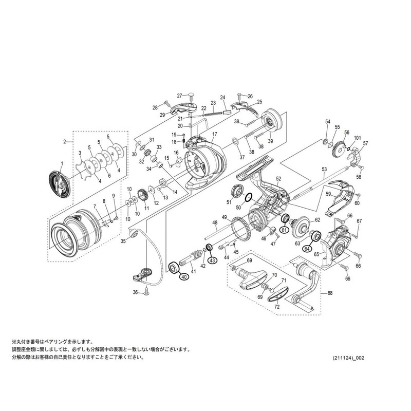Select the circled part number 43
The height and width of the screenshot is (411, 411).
(213, 260)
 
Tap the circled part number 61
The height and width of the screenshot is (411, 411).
(283, 231)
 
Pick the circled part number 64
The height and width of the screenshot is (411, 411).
(307, 249)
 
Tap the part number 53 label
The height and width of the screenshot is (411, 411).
(324, 169)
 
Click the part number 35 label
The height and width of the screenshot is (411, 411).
(123, 240)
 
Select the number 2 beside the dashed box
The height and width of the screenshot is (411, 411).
(65, 141)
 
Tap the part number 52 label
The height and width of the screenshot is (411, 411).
(278, 178)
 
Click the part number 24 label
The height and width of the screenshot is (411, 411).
(223, 98)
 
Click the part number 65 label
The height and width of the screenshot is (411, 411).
(317, 254)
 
